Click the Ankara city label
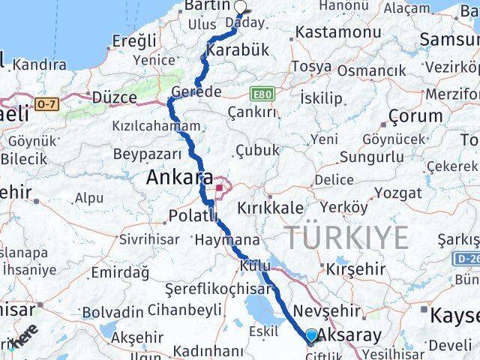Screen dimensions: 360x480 [x=180, y=178]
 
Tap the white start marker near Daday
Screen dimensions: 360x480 [x=241, y=7]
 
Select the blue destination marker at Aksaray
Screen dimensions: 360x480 [x=312, y=336]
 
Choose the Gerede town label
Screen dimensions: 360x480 [x=196, y=91]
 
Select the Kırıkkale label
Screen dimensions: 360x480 [x=271, y=208]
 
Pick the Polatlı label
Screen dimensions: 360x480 [x=193, y=216]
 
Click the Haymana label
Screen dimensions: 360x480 [x=226, y=241]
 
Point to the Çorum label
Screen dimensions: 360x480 [x=415, y=116]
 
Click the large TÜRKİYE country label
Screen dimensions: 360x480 [x=346, y=237]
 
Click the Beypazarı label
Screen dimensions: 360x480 [x=147, y=154]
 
